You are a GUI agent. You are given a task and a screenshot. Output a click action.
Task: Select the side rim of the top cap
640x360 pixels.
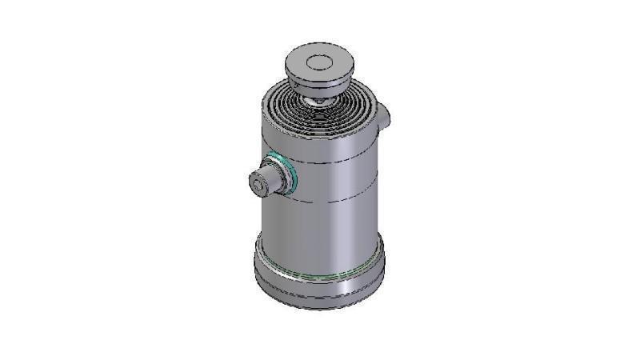pos(318,79)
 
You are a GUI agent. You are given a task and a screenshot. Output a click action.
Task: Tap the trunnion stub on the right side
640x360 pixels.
pos(385,116)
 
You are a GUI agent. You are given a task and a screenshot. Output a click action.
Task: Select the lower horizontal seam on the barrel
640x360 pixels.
pos(336,200)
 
